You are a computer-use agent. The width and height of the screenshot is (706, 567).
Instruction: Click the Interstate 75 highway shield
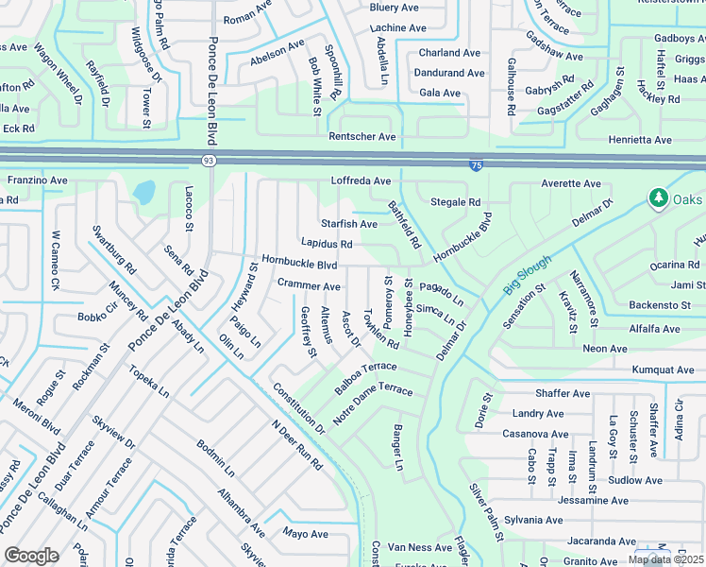(478, 165)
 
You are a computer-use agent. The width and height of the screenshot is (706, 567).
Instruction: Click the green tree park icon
(657, 198)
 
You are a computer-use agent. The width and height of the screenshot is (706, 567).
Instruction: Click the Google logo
(31, 556)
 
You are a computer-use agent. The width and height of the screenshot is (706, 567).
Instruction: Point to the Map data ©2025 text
(665, 559)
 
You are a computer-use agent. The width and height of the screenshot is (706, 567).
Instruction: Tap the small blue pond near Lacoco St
(143, 194)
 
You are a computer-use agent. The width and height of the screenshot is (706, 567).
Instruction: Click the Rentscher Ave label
(362, 137)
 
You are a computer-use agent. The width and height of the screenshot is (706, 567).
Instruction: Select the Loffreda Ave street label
(361, 180)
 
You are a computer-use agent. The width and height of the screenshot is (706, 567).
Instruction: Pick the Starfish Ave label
(349, 224)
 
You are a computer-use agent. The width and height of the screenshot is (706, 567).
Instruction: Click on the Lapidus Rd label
(327, 244)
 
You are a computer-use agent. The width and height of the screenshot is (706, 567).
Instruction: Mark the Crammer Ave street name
(309, 285)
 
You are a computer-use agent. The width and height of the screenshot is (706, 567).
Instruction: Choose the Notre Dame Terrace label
(373, 404)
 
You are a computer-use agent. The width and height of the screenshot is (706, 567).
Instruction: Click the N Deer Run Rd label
(296, 445)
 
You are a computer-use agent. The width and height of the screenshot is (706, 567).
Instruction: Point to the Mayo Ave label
(305, 534)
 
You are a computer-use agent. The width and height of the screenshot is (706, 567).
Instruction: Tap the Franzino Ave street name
(38, 180)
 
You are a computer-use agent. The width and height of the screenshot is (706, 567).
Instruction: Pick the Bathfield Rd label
(404, 224)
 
